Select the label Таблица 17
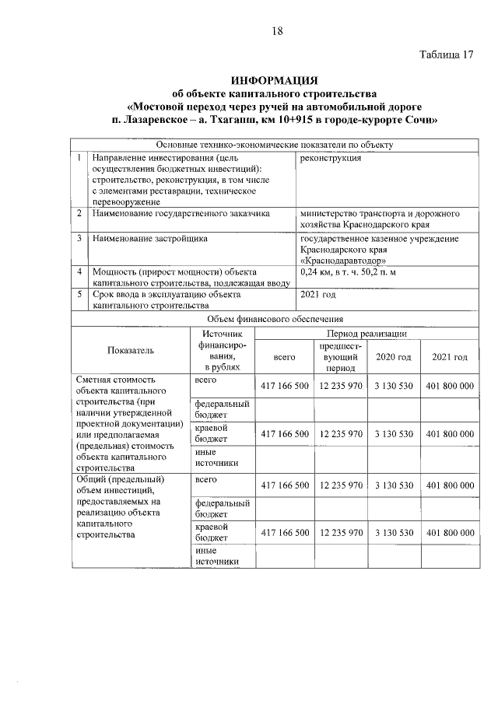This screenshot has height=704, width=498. (x=446, y=55)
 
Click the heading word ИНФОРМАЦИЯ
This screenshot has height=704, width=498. (x=274, y=81)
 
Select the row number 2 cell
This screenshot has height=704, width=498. (x=79, y=212)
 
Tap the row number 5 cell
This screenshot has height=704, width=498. (x=79, y=295)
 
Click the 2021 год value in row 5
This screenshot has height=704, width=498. (x=317, y=295)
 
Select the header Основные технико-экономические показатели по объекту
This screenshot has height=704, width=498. (x=274, y=145)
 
